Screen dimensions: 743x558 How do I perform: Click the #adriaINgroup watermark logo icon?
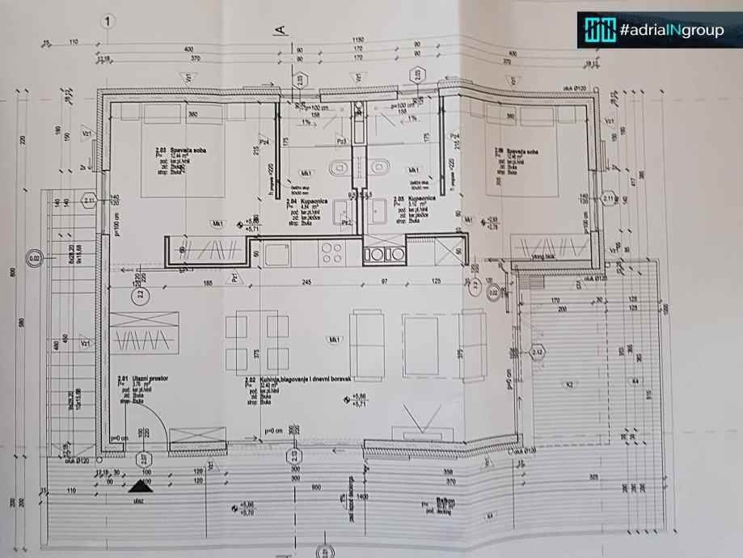597,31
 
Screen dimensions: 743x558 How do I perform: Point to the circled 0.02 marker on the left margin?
35,260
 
